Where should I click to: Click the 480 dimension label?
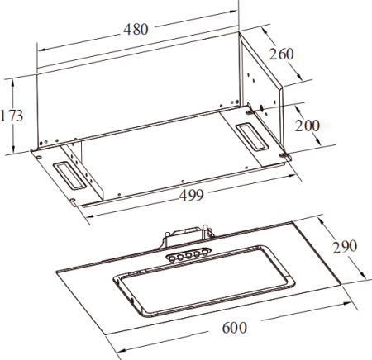point(136,29)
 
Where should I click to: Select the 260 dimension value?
point(281,54)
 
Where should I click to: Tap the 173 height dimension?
point(12,116)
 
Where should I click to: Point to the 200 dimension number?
point(308,126)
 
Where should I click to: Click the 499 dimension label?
point(192,195)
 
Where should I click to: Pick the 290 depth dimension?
point(345,247)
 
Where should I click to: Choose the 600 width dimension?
point(235,328)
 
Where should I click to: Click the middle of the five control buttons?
point(188,256)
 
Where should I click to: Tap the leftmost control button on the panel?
point(172,258)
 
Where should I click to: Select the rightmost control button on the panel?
point(205,252)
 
